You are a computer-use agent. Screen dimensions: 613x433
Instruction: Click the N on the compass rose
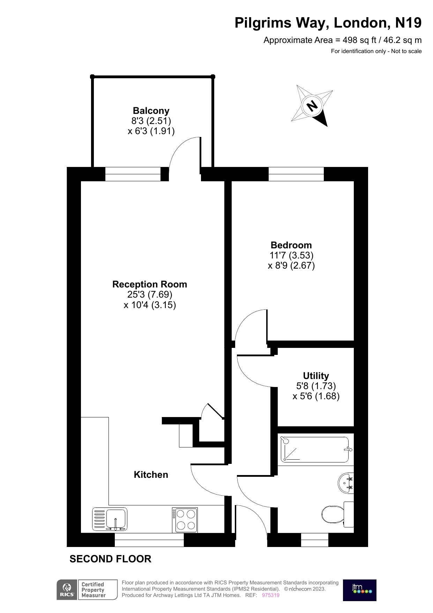(312, 105)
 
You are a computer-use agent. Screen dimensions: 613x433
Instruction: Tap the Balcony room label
(151, 111)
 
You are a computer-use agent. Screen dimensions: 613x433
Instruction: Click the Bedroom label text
(291, 245)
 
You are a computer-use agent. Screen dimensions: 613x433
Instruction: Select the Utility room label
(316, 376)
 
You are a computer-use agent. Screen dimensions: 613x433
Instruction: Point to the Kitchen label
(151, 475)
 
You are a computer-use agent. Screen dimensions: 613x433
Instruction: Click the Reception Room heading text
(150, 284)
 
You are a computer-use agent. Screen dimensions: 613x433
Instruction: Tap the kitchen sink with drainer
(110, 519)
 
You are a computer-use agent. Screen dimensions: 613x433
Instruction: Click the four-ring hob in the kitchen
(185, 520)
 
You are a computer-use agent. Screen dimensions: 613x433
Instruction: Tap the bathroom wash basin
(345, 483)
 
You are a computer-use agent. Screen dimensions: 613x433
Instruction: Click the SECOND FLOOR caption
(110, 559)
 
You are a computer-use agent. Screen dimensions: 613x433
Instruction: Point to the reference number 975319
(270, 595)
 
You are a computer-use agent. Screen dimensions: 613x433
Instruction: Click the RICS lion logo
(66, 588)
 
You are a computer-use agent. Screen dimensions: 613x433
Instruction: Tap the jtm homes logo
(359, 590)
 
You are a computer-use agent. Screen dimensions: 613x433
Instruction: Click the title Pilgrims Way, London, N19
(328, 23)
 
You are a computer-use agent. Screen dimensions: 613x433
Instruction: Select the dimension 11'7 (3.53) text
(291, 255)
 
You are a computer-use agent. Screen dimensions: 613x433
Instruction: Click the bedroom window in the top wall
(296, 174)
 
